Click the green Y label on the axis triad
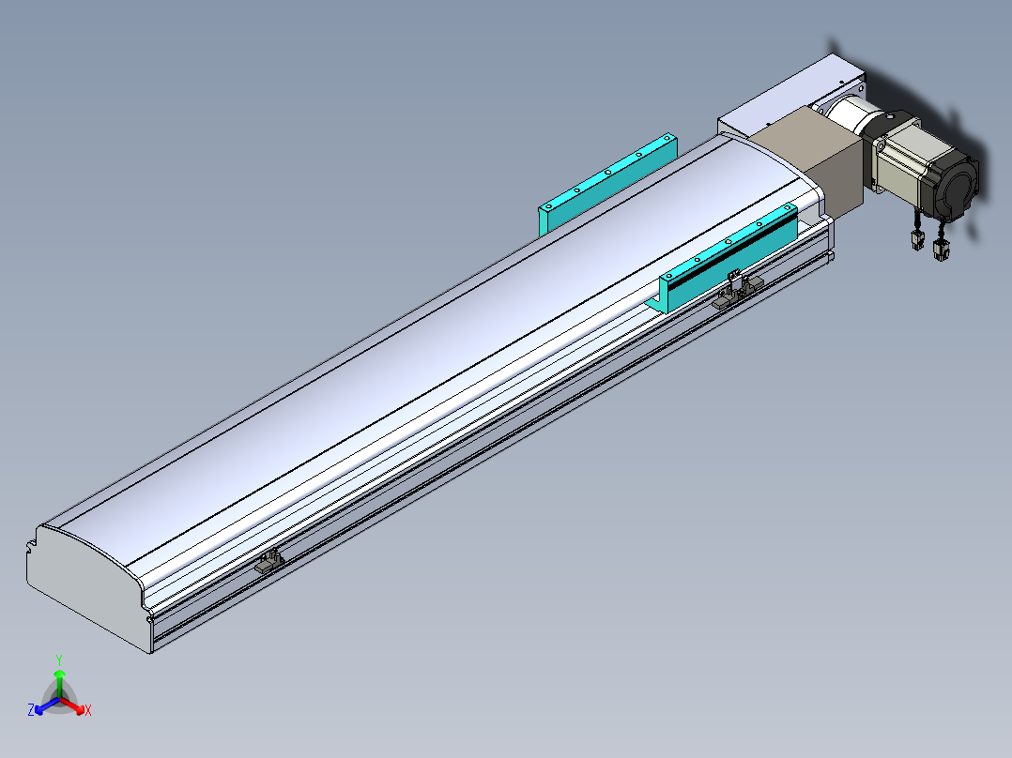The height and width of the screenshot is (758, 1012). click(59, 660)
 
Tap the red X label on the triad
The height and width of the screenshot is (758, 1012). click(88, 710)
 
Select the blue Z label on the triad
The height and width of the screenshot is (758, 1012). click(31, 709)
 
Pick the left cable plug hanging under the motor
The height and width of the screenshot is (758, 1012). click(917, 236)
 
